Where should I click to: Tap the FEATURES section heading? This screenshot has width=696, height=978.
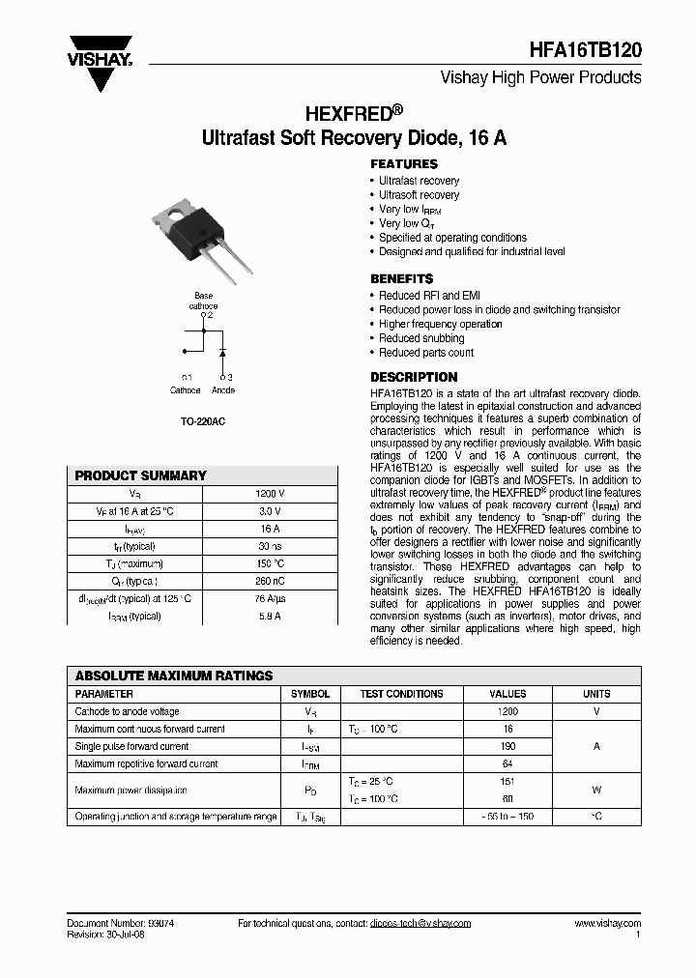click(x=404, y=164)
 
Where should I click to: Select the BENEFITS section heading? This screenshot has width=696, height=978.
click(x=401, y=278)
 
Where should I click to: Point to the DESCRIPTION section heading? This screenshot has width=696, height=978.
click(x=414, y=377)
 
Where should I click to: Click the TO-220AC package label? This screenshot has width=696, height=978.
click(x=203, y=422)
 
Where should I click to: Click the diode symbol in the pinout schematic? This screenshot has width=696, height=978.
click(x=223, y=351)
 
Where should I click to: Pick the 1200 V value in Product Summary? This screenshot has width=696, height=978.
click(x=270, y=494)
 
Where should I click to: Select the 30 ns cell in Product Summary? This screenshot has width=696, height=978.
click(x=270, y=546)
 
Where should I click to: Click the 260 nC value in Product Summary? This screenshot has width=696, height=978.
click(x=270, y=581)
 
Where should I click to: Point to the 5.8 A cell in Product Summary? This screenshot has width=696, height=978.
click(x=270, y=616)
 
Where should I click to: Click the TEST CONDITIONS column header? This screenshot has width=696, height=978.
click(x=401, y=694)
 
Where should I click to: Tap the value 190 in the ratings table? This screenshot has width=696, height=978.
click(x=507, y=746)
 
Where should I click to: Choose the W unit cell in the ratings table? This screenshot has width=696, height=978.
click(x=596, y=790)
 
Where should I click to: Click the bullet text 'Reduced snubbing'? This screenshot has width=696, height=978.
click(x=421, y=338)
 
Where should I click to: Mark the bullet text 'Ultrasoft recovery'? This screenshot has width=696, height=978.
click(x=419, y=194)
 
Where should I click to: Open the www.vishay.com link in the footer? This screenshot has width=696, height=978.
click(x=607, y=923)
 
